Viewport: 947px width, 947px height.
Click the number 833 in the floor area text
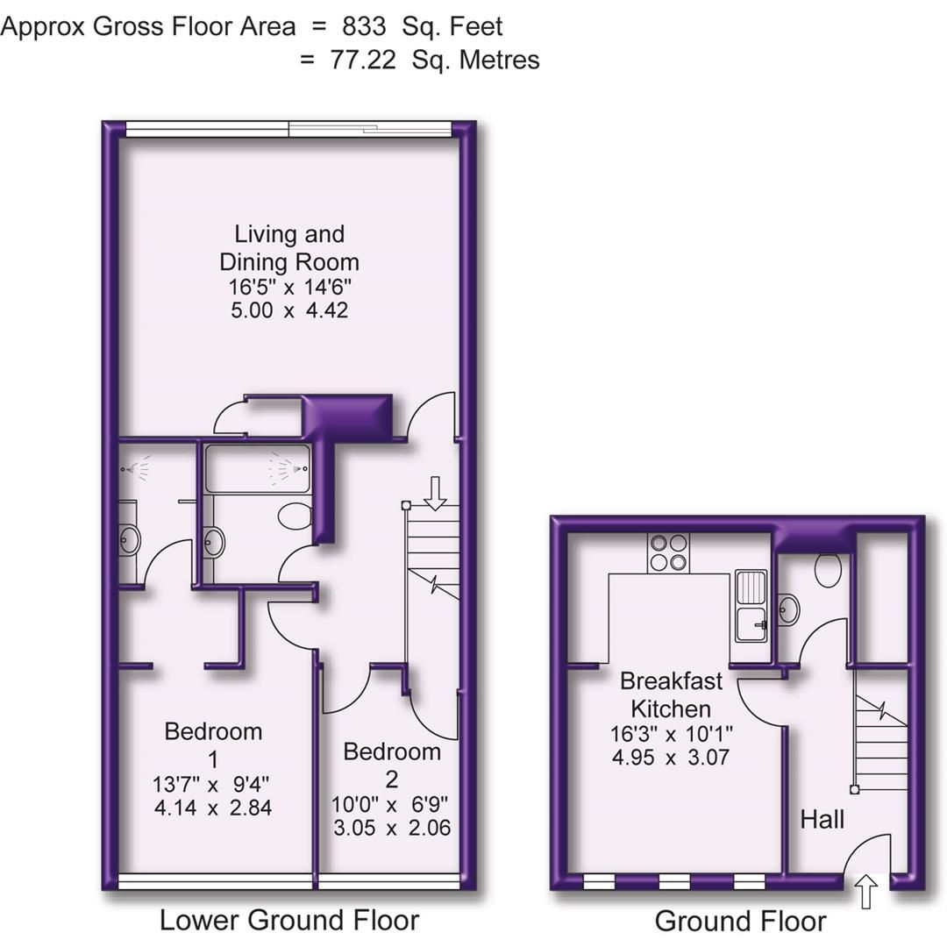coord(364,26)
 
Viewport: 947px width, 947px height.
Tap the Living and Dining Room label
coord(288,248)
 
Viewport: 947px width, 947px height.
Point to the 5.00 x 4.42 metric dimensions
coord(288,310)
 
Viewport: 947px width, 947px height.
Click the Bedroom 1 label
coord(213,744)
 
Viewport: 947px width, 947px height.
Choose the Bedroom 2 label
coord(391,765)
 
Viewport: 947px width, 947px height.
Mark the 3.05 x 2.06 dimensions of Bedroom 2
coord(391,827)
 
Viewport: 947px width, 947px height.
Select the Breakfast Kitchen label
coord(672,694)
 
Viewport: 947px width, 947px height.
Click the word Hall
coord(822,819)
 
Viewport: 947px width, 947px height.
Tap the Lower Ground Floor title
coord(288,920)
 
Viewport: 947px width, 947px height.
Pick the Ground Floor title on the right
coord(739,921)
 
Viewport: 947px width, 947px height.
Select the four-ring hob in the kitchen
coord(668,552)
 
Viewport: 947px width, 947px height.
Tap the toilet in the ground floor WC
coord(828,569)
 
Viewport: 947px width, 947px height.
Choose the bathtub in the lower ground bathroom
coord(257,469)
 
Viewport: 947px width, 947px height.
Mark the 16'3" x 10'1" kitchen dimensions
coord(672,733)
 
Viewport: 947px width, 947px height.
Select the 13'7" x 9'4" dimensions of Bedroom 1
coord(213,783)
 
